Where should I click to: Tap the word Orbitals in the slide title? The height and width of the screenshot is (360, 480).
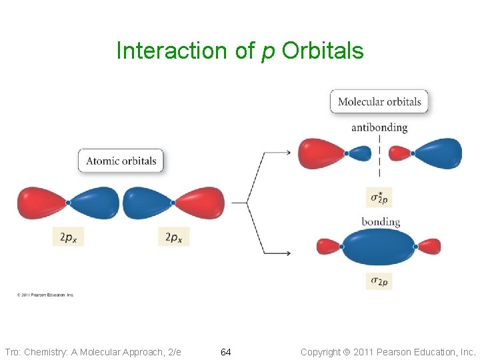click(323, 51)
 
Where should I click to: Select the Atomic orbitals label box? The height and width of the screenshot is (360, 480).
click(121, 161)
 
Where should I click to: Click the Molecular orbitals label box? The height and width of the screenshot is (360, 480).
click(379, 101)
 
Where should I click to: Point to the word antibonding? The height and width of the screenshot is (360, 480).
click(379, 127)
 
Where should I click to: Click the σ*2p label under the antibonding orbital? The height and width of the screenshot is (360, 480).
click(379, 197)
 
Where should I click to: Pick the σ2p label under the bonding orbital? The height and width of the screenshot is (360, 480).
click(379, 281)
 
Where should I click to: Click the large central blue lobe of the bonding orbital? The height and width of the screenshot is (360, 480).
click(378, 247)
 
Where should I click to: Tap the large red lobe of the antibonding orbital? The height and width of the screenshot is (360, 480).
click(321, 153)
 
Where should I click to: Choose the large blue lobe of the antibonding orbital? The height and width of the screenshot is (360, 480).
click(438, 153)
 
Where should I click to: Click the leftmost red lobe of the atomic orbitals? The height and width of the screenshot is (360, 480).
click(41, 203)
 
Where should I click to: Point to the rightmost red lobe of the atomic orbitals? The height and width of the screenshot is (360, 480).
click(201, 203)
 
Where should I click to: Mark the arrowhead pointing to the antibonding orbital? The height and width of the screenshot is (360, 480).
click(287, 153)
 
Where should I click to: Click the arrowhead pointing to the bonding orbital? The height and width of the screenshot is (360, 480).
click(287, 253)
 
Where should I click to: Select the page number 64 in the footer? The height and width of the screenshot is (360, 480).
click(226, 351)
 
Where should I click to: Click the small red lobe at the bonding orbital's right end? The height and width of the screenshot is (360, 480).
click(429, 247)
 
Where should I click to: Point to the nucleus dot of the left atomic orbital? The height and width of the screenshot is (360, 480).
click(68, 203)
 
